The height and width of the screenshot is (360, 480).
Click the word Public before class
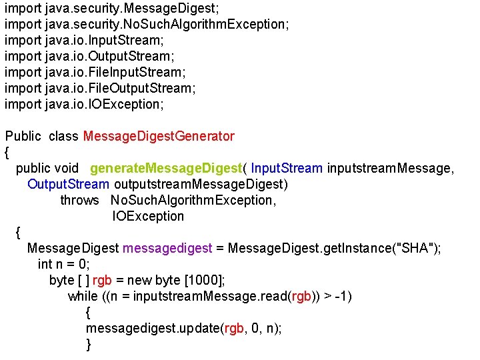tap(23, 137)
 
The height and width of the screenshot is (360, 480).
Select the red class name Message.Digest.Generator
tap(159, 137)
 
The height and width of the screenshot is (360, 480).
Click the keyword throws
tap(79, 201)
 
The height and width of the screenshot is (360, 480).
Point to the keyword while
tap(83, 297)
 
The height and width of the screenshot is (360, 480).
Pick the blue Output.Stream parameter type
tap(68, 185)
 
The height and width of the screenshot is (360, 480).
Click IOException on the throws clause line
tap(148, 217)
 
